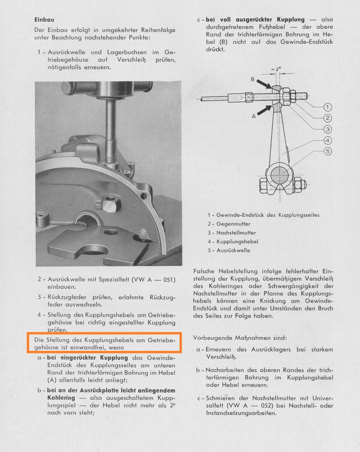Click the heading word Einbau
point(45,20)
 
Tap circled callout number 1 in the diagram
point(328,107)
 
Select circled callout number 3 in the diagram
point(328,129)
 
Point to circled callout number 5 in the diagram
point(328,151)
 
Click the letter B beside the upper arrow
point(252,80)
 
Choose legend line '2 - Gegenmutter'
point(229,224)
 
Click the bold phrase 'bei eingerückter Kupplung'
point(83,358)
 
